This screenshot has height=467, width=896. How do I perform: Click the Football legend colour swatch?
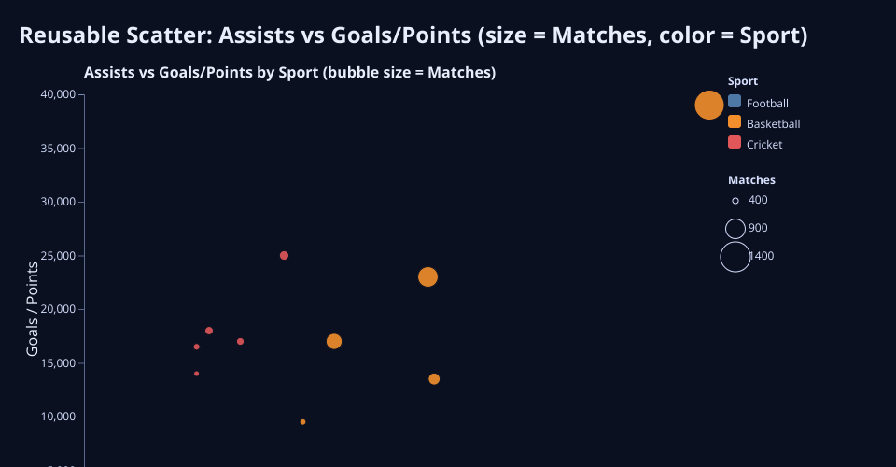735,102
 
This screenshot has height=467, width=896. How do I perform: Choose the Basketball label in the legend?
773,124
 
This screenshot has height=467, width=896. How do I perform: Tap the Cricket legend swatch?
735,142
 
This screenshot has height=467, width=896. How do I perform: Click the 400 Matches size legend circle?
735,201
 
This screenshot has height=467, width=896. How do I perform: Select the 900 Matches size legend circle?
735,219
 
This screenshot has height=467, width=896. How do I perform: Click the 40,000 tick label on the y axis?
58,94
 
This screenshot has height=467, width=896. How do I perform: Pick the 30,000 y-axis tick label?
58,202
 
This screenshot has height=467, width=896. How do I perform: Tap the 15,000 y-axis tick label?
58,363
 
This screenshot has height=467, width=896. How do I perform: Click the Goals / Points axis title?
33,308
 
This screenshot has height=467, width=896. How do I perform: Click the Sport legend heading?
743,81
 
